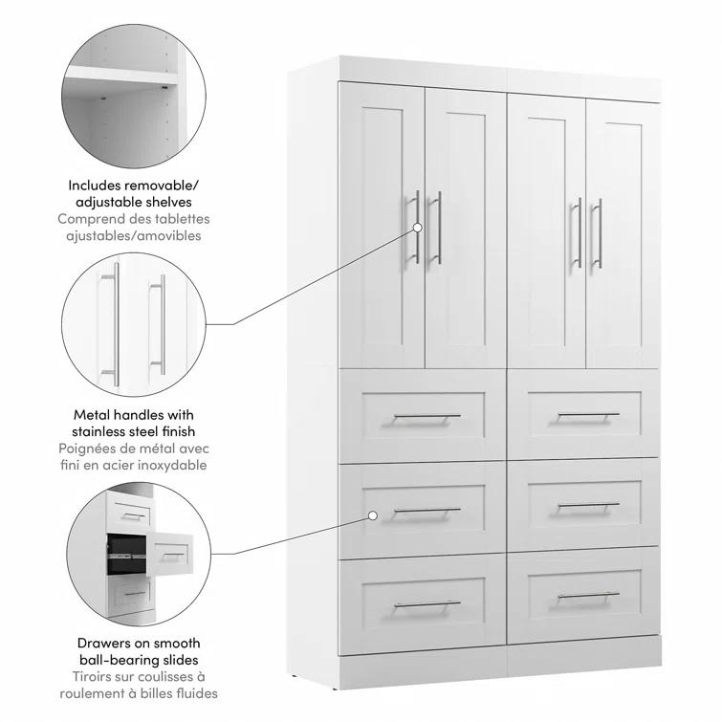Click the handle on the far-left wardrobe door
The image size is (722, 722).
pyautogui.click(x=417, y=230)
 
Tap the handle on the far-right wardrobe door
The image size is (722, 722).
pyautogui.click(x=598, y=234)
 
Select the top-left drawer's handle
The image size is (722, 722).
pyautogui.click(x=427, y=417)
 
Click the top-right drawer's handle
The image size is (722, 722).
pyautogui.click(x=588, y=416)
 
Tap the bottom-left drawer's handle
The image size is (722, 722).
pyautogui.click(x=427, y=604)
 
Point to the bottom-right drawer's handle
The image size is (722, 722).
pyautogui.click(x=588, y=596)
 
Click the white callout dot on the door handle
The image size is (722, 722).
pyautogui.click(x=418, y=228)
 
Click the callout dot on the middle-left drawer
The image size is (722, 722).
pyautogui.click(x=372, y=515)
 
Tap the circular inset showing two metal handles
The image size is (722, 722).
pyautogui.click(x=133, y=324)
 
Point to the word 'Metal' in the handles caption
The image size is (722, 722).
pyautogui.click(x=93, y=415)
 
